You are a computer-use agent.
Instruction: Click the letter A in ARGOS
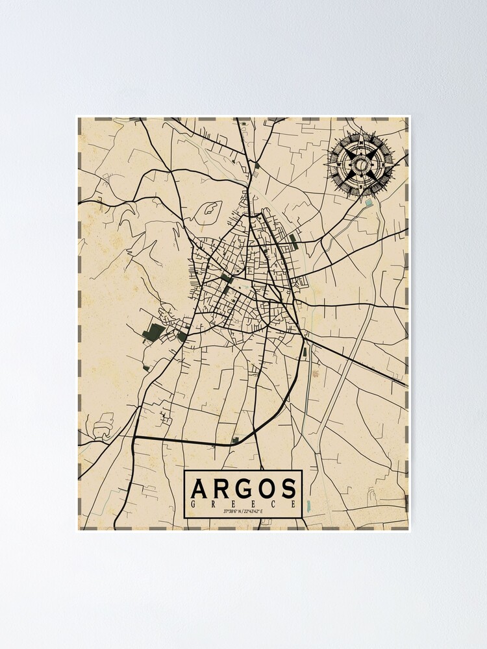201,487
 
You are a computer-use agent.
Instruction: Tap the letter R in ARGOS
223,487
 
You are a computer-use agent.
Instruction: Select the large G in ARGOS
245,487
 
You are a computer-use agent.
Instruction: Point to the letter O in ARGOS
267,487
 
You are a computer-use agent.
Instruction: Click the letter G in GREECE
193,504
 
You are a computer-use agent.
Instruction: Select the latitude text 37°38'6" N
234,511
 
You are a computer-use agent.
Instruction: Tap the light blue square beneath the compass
369,202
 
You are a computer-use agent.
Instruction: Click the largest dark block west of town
155,332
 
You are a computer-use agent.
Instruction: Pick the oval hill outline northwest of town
210,209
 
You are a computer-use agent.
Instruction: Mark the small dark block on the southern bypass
235,440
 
